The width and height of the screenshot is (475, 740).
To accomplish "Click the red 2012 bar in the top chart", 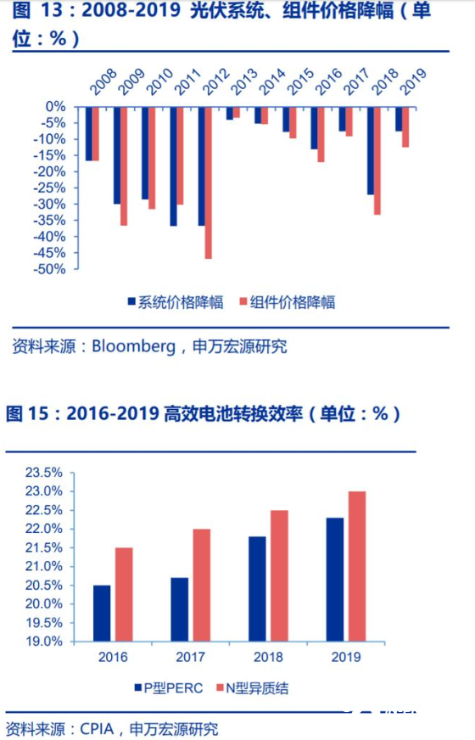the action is click(208, 183).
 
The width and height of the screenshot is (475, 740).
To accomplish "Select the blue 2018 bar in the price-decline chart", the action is click(371, 151).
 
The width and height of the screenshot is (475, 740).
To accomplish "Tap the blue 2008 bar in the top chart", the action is click(89, 134).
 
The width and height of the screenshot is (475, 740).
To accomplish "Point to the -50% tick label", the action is click(48, 269).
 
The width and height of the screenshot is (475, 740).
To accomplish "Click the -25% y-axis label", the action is click(48, 188).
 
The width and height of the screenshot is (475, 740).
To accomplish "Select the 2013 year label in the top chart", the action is click(244, 81).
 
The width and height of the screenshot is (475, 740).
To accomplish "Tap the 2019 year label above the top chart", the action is click(413, 81).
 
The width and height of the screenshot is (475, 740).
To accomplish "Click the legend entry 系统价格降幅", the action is click(176, 302).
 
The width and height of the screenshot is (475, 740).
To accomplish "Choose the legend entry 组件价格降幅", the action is click(288, 302).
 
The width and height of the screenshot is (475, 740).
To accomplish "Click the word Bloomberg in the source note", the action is click(133, 347).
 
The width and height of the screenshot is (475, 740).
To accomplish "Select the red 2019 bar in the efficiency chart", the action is click(357, 566).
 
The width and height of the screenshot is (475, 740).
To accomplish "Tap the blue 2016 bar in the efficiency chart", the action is click(102, 614).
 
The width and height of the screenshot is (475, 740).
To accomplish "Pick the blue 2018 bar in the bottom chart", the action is click(257, 589).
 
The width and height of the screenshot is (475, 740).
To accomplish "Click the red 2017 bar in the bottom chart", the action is click(202, 586).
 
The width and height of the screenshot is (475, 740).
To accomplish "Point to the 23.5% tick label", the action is click(44, 473).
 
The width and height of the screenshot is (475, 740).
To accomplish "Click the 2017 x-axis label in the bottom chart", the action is click(191, 657).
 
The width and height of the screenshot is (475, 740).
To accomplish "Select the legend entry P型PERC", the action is click(169, 688).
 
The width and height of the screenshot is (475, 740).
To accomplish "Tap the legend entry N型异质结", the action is click(253, 688).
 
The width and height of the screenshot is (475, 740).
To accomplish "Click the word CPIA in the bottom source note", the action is click(98, 729).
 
